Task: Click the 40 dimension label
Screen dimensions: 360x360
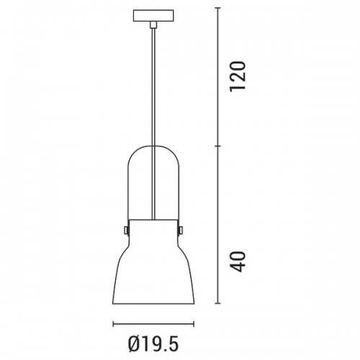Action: coord(238,261)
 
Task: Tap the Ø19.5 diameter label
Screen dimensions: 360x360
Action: coord(153,343)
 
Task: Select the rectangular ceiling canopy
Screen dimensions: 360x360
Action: coord(153,16)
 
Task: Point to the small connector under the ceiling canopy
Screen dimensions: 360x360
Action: coord(153,24)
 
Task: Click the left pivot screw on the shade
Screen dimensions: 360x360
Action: coord(126,230)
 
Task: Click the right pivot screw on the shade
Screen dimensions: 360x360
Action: coord(181,230)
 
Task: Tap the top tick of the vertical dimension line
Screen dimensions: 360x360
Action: coord(217,8)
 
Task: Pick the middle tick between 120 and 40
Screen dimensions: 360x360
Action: coord(217,145)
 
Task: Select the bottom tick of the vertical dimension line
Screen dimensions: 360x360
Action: coord(217,304)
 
